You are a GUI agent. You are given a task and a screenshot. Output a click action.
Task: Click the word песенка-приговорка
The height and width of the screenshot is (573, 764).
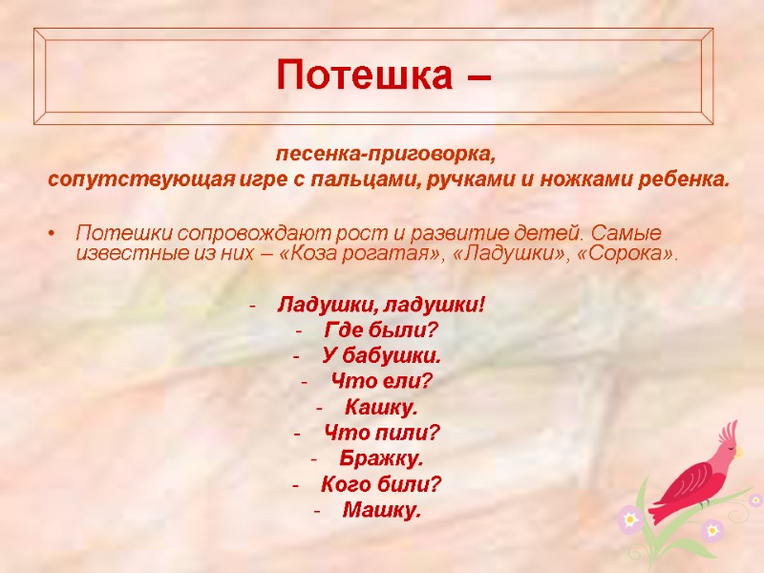coord(388,154)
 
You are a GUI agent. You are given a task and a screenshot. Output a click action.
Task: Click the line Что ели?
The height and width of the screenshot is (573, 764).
coord(381,382)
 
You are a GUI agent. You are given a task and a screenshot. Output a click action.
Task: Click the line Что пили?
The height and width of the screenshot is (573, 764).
coord(382,434)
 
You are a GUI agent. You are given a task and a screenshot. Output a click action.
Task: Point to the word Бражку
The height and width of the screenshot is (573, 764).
coord(381,459)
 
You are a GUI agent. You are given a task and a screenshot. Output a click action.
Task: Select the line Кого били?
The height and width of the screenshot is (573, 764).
coord(381,485)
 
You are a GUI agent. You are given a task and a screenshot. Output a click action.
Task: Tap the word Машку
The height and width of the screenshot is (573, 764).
coord(381,511)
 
